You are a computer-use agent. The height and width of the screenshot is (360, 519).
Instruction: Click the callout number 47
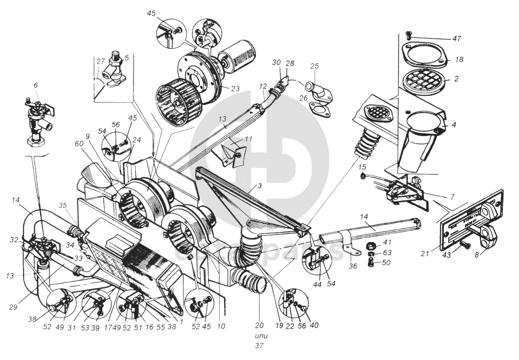click(x=457, y=38)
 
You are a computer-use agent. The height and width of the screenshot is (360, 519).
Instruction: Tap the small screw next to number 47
click(x=408, y=35)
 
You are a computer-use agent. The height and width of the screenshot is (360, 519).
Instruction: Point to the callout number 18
click(x=459, y=59)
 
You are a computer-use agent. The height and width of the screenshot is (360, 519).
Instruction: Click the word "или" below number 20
click(x=262, y=335)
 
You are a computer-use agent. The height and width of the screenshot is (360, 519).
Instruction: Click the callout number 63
click(x=386, y=253)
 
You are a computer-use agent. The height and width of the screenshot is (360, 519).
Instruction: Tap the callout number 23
click(x=235, y=88)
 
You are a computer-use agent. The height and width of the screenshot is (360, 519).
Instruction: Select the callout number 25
click(x=314, y=66)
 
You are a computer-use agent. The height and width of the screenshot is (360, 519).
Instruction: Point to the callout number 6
click(x=35, y=86)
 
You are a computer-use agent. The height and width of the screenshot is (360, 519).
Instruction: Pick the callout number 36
click(x=353, y=266)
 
